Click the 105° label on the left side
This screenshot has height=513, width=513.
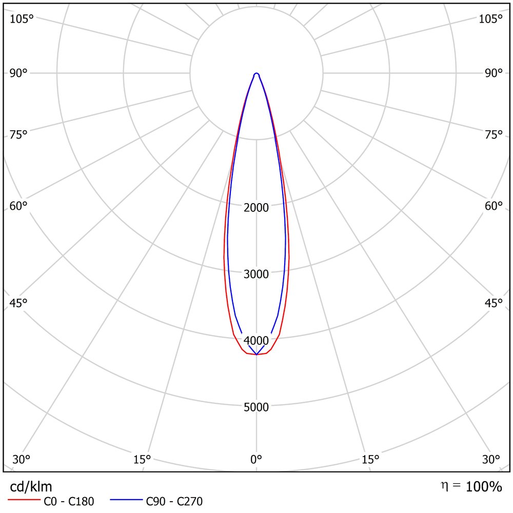22,19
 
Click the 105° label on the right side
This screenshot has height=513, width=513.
490,19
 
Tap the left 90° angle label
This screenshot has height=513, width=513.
18,73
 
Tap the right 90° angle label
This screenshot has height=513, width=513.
494,73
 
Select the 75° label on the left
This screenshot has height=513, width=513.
18,134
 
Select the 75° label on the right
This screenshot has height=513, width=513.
494,134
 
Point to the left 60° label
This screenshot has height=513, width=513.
18,206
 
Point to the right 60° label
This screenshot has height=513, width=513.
494,206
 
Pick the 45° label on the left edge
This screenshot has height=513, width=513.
18,303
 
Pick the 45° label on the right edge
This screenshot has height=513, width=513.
494,303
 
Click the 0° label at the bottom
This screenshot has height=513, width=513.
256,459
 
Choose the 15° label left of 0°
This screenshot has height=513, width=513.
142,459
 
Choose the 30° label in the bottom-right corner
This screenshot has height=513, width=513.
491,459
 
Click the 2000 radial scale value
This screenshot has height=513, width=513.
256,207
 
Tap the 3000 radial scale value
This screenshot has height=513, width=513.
256,274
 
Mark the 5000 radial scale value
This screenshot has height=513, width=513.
256,407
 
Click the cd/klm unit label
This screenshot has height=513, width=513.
31,487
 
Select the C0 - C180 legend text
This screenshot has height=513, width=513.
69,501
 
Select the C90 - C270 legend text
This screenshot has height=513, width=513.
174,501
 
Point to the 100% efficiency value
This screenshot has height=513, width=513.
484,487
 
